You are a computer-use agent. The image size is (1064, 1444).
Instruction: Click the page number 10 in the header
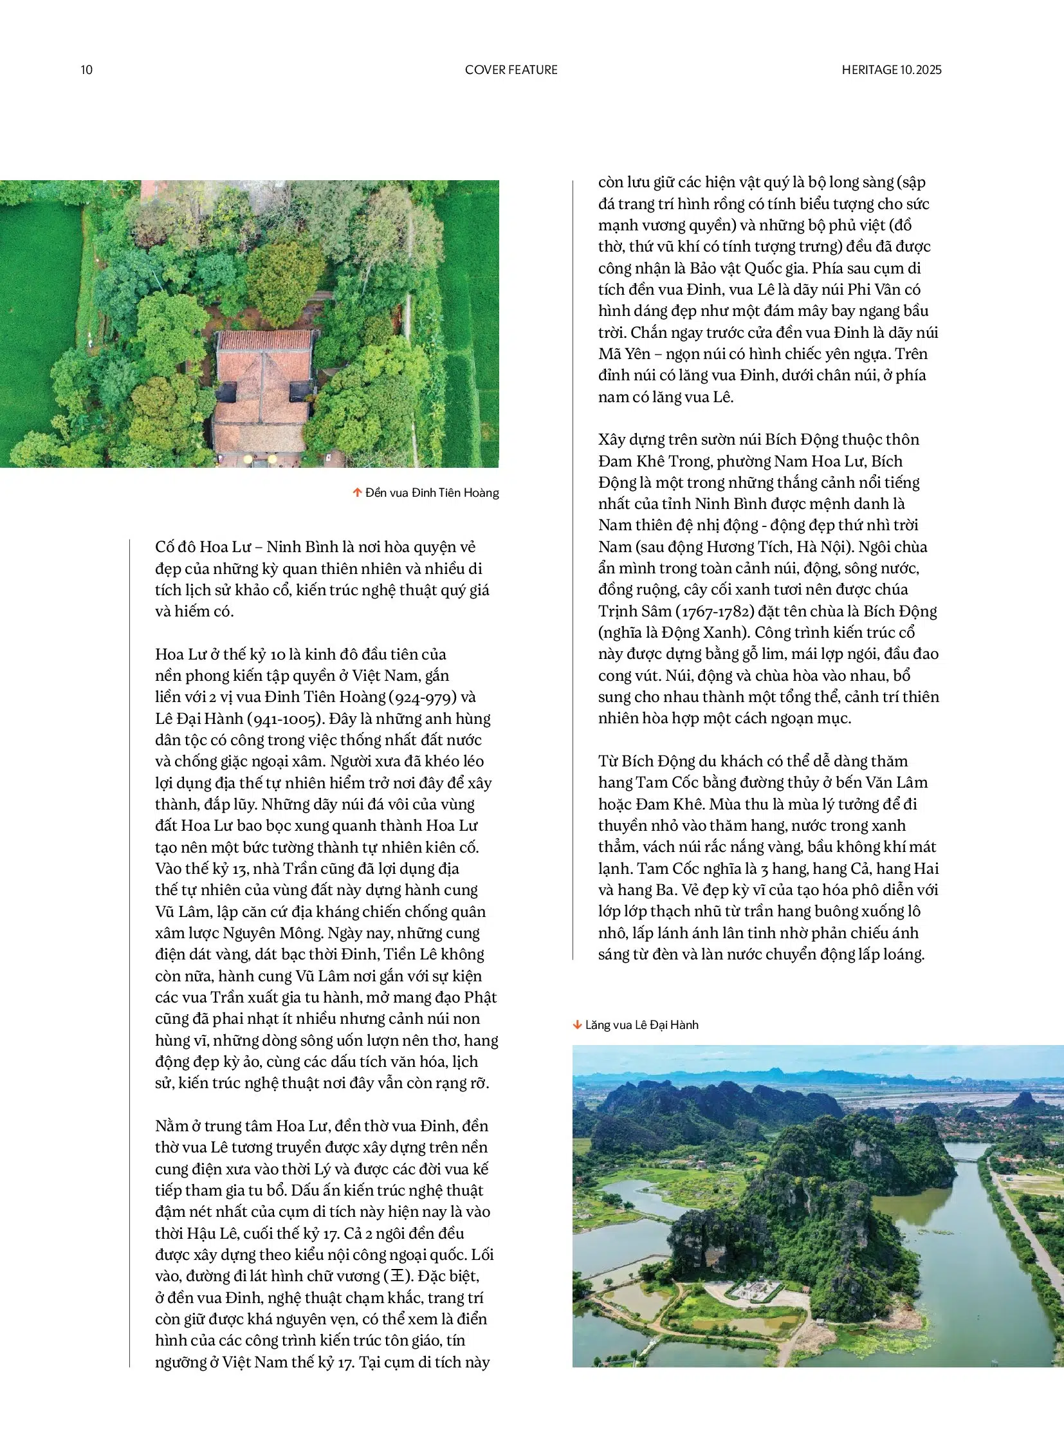pyautogui.click(x=86, y=69)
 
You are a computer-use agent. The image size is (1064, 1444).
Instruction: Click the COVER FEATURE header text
pyautogui.click(x=511, y=69)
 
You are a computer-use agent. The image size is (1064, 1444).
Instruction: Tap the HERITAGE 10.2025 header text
pyautogui.click(x=891, y=69)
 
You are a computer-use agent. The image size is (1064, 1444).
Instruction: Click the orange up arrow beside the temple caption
pyautogui.click(x=357, y=493)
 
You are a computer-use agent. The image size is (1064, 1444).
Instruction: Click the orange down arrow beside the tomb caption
pyautogui.click(x=577, y=1024)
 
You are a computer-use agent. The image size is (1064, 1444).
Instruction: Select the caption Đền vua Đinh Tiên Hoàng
pyautogui.click(x=432, y=493)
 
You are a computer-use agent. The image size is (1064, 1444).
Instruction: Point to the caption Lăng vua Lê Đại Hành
pyautogui.click(x=641, y=1024)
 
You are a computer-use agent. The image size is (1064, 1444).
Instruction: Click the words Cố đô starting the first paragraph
pyautogui.click(x=175, y=547)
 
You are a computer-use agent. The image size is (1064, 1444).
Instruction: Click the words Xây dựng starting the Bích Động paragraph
pyautogui.click(x=631, y=440)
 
